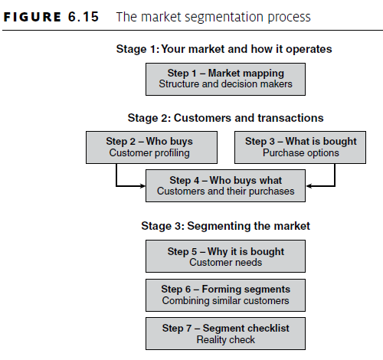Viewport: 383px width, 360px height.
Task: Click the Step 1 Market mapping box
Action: pos(225,78)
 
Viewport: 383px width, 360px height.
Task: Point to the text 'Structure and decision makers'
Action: pos(225,84)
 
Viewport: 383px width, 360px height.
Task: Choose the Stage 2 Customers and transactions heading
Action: pos(225,118)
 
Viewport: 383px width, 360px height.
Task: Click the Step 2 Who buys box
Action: pos(149,146)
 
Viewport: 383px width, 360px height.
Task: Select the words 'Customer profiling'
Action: pos(149,153)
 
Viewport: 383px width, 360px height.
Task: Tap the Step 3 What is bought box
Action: pos(300,146)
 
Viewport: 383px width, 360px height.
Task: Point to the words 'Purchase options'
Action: pos(300,153)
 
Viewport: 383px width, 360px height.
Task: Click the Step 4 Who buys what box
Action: pos(225,185)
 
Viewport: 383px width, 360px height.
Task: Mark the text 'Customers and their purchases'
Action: pos(225,191)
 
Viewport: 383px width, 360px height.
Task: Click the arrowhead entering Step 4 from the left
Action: pos(142,185)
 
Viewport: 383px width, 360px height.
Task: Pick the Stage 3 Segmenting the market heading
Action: pos(225,226)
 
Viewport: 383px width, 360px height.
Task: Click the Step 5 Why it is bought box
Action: pos(225,257)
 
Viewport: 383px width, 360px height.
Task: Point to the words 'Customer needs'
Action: pos(225,263)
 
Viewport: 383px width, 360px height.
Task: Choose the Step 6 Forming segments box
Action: pos(225,294)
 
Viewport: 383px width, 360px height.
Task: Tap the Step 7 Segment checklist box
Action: pos(225,333)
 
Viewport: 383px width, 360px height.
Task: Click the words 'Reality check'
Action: pos(225,339)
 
